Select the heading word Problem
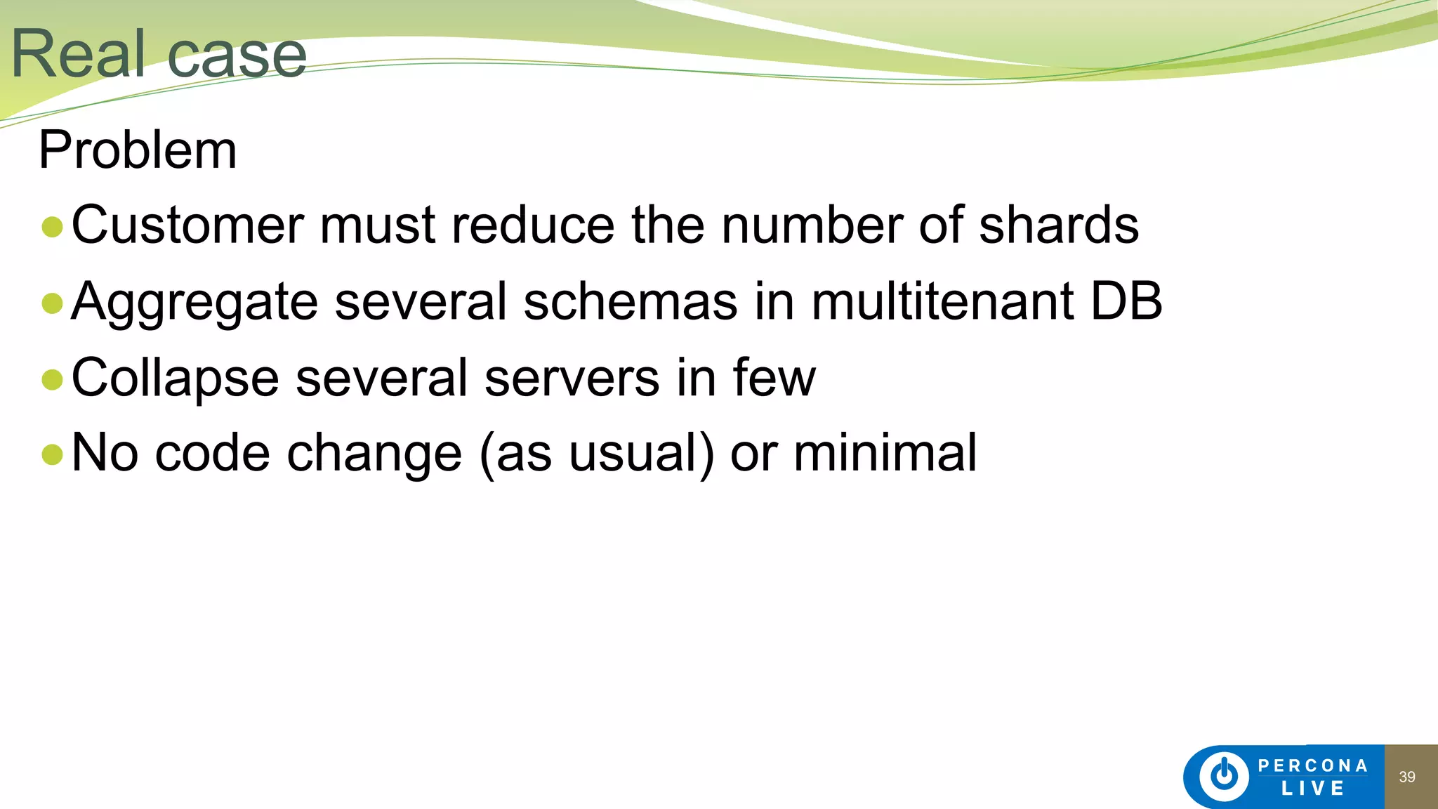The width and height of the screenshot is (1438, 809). [138, 150]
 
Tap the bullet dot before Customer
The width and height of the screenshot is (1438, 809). [53, 227]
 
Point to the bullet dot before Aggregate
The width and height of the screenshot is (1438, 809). [53, 303]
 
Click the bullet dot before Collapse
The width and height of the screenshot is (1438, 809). [53, 379]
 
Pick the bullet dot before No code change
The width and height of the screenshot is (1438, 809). [53, 454]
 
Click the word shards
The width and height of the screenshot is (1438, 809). [1058, 225]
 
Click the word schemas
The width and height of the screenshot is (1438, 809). [631, 301]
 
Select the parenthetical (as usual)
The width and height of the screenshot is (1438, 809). [597, 454]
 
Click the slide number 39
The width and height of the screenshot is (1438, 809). [1407, 777]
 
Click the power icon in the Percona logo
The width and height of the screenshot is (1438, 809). [1224, 776]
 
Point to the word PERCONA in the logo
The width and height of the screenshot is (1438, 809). [1312, 765]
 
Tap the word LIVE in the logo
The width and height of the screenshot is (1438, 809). [1312, 789]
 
